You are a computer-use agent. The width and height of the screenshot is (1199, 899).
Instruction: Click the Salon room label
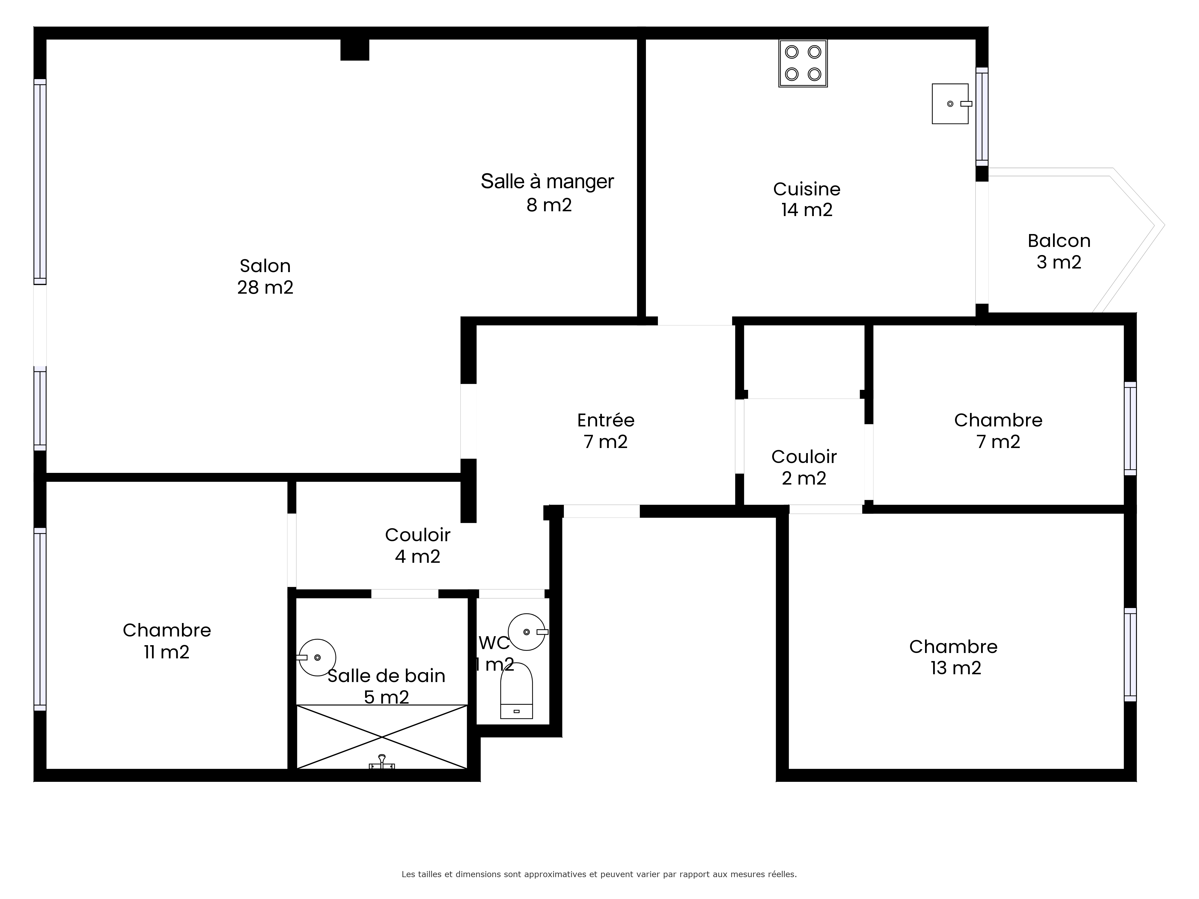[265, 276]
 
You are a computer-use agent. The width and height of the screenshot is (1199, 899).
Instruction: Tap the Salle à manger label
[547, 193]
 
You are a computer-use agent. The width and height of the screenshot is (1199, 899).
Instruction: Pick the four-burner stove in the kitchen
[803, 64]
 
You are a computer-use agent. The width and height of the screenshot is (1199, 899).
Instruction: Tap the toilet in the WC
[516, 690]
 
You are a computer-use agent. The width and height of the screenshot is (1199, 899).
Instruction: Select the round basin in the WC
[527, 632]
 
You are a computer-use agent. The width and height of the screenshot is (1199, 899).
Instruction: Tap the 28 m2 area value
[265, 287]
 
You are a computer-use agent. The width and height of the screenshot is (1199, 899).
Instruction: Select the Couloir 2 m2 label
[804, 467]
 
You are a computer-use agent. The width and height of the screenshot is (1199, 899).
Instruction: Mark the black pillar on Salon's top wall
[355, 49]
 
